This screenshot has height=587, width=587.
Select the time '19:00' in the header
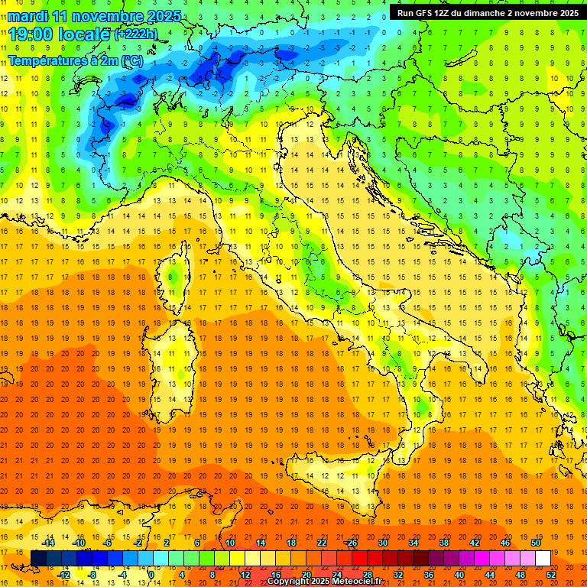[x=31, y=34]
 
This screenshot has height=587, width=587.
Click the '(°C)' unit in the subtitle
[x=129, y=60]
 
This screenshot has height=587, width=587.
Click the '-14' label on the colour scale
[x=48, y=543]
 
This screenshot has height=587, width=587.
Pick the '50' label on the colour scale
[x=536, y=543]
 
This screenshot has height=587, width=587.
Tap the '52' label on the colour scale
[x=551, y=574]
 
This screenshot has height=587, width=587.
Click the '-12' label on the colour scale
[x=63, y=574]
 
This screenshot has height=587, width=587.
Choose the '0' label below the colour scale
[x=152, y=574]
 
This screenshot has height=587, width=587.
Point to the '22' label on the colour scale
[x=321, y=543]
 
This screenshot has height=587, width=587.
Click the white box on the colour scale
[x=543, y=558]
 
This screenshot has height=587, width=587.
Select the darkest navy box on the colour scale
[x=39, y=558]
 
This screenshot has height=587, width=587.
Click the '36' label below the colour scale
[x=428, y=574]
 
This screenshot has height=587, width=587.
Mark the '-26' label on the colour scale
[x=351, y=543]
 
